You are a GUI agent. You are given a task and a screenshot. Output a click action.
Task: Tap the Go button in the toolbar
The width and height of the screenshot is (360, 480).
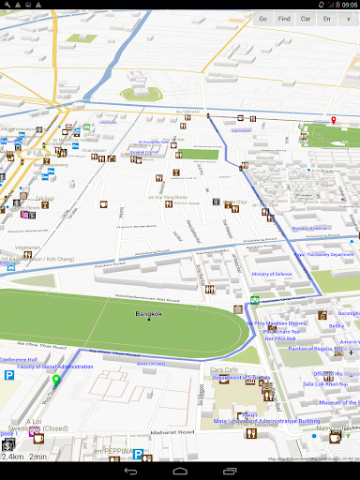262,19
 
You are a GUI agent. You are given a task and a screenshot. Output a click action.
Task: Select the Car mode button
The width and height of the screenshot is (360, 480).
306,19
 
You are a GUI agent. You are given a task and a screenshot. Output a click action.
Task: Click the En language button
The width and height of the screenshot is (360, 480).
327,19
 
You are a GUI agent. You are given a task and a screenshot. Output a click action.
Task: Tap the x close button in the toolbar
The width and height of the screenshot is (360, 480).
349,19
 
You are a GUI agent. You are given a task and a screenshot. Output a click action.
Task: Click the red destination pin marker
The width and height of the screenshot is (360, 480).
332,121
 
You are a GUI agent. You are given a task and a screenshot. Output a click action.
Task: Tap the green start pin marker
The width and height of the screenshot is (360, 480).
55,381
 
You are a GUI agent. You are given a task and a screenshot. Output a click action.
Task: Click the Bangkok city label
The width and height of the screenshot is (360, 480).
149,314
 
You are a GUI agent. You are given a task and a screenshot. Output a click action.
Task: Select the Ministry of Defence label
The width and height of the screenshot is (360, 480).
273,275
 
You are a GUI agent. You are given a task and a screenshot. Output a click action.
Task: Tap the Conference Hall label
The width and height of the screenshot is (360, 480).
19,359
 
